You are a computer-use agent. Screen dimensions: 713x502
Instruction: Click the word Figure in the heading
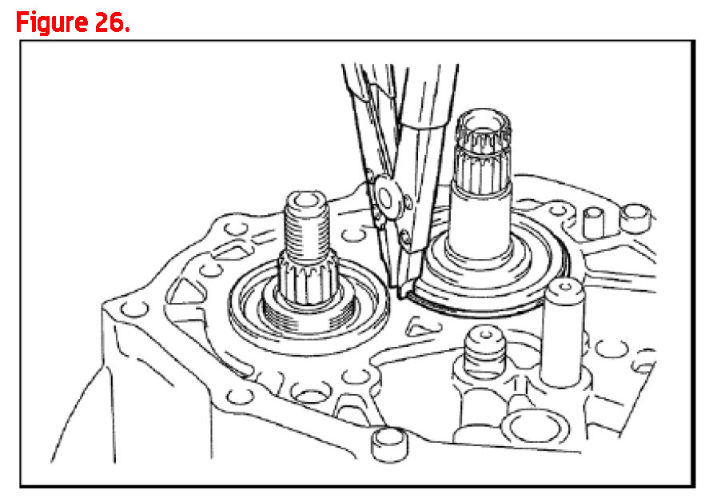[x=52, y=22]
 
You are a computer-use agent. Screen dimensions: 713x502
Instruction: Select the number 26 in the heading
[x=110, y=22]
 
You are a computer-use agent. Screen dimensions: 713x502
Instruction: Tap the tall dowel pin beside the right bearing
[x=564, y=332]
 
